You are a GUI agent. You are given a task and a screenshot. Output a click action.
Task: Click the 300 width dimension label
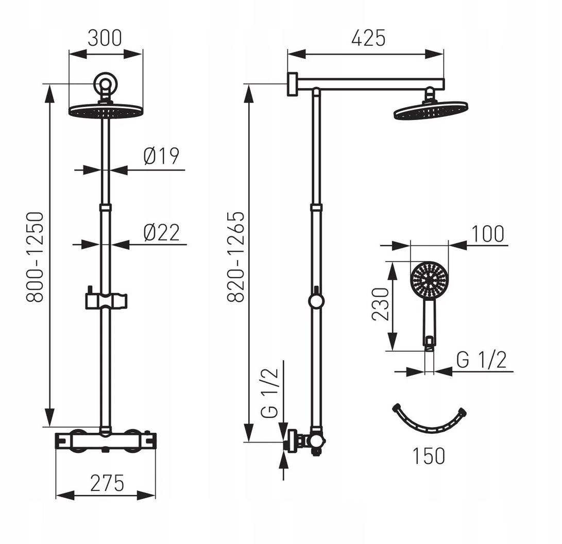(x=105, y=38)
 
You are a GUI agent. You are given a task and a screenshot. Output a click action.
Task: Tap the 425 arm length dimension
(x=368, y=38)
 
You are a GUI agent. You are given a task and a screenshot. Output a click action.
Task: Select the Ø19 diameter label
(x=161, y=156)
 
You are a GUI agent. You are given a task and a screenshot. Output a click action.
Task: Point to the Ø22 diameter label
(x=161, y=232)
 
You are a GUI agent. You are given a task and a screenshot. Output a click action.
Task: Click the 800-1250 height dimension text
(x=36, y=257)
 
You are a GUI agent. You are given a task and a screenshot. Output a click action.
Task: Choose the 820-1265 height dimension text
(x=236, y=257)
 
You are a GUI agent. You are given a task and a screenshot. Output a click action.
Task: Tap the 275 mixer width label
(x=107, y=483)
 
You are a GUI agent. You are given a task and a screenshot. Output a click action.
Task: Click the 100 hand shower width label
(x=488, y=234)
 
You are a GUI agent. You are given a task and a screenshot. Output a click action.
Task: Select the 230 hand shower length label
(x=380, y=304)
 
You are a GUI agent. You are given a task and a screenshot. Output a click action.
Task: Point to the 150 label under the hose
(x=429, y=456)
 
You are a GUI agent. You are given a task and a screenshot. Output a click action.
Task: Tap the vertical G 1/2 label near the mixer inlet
(x=269, y=393)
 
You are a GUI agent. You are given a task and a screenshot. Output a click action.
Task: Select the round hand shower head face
(x=429, y=279)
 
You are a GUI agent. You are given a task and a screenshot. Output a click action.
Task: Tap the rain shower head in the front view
(x=106, y=110)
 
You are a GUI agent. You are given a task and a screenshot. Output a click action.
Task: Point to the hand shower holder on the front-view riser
(x=106, y=300)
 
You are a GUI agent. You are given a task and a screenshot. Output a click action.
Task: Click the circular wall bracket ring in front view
(x=105, y=84)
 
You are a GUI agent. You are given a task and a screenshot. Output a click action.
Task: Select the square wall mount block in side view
(x=293, y=84)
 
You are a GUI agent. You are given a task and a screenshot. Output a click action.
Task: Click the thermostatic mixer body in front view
(x=106, y=441)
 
